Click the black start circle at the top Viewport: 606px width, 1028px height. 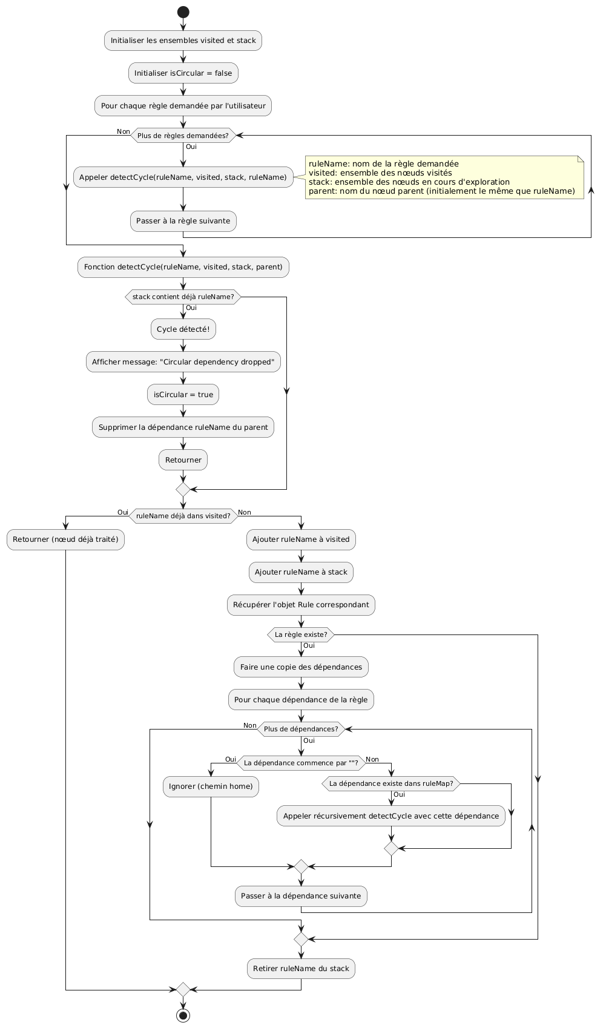pyautogui.click(x=183, y=12)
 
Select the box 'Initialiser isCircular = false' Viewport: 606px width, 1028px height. pyautogui.click(x=183, y=73)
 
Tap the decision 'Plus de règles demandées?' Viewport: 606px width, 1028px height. pyautogui.click(x=183, y=136)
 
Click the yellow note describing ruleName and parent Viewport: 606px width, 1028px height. pyautogui.click(x=444, y=177)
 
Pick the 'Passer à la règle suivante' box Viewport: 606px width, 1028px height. pyautogui.click(x=183, y=221)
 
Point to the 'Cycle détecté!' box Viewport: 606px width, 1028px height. pyautogui.click(x=183, y=329)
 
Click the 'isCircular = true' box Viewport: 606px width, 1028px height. pyautogui.click(x=183, y=395)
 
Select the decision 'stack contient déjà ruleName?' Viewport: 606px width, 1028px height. pyautogui.click(x=183, y=297)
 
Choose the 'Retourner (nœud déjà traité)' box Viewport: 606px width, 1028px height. pyautogui.click(x=65, y=539)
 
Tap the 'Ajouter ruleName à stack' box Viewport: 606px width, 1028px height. pyautogui.click(x=301, y=572)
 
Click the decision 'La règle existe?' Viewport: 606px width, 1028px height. pyautogui.click(x=301, y=634)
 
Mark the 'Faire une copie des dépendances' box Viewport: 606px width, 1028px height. pyautogui.click(x=301, y=667)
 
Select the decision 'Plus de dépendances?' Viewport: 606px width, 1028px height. pyautogui.click(x=301, y=729)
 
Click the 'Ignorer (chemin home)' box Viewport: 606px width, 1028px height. pyautogui.click(x=211, y=786)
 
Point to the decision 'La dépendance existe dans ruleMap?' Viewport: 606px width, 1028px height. pyautogui.click(x=391, y=783)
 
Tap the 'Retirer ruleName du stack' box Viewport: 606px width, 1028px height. pyautogui.click(x=301, y=969)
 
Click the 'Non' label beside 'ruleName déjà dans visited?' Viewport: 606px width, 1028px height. pyautogui.click(x=245, y=513)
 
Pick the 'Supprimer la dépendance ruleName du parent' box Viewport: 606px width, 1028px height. pyautogui.click(x=183, y=427)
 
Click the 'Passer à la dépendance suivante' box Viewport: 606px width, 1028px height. pyautogui.click(x=301, y=896)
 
